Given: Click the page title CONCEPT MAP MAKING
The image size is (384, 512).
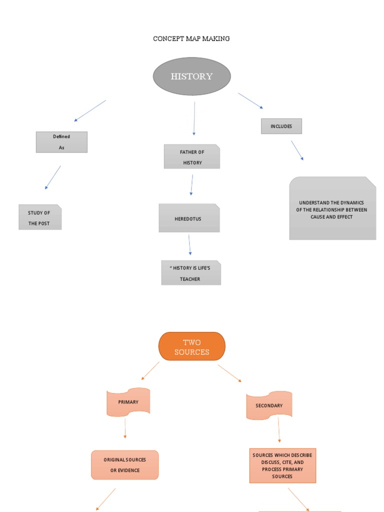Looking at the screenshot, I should click(x=191, y=38).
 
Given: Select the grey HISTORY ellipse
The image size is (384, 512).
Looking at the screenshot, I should click(x=191, y=76).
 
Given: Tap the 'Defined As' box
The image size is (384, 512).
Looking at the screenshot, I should click(x=61, y=142).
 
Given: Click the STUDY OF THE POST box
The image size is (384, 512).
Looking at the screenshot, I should click(x=40, y=217).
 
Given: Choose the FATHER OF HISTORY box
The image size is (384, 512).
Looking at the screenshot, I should click(x=192, y=156).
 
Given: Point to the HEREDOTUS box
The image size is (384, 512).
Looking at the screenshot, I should click(x=189, y=218).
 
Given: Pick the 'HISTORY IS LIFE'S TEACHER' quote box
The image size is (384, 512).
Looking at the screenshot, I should click(x=190, y=273).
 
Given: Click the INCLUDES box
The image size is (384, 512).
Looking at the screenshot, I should click(x=281, y=126).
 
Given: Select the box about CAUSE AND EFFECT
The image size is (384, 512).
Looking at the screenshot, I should click(x=332, y=208).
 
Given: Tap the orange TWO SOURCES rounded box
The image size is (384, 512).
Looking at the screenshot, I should click(x=192, y=346).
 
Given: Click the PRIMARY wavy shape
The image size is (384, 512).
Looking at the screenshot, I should click(x=128, y=402).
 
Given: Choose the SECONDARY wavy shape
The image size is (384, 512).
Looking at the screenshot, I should click(x=269, y=405).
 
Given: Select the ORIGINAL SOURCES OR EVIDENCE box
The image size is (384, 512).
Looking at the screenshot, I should click(x=125, y=465).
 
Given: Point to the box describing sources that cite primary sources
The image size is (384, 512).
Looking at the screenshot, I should click(x=282, y=466).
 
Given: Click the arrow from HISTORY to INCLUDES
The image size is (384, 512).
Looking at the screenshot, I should click(x=250, y=100).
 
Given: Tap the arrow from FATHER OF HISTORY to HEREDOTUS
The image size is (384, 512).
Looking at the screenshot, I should click(x=191, y=184).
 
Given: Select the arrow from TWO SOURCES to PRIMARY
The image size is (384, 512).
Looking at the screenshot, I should click(x=150, y=370).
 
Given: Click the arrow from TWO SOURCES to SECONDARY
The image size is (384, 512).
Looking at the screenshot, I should click(x=229, y=373).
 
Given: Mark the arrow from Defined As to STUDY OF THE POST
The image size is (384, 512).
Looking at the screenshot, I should click(x=53, y=177).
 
